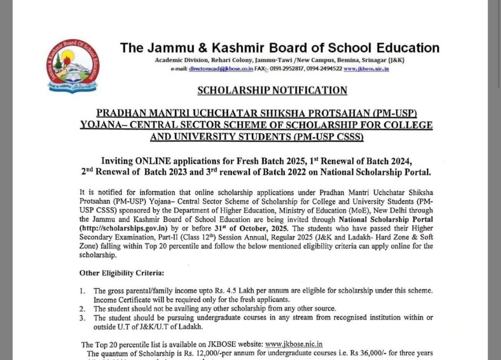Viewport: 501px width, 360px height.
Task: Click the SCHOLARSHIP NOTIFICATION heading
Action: click(x=273, y=90)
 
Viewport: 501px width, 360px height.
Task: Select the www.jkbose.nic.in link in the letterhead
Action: click(x=366, y=69)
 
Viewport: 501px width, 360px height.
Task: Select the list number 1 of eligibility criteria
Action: click(x=83, y=291)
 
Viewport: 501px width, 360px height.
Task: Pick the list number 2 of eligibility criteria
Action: click(x=83, y=309)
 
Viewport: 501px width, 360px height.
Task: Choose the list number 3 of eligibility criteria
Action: click(x=83, y=317)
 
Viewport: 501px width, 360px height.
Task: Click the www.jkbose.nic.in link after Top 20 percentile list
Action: click(x=294, y=344)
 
